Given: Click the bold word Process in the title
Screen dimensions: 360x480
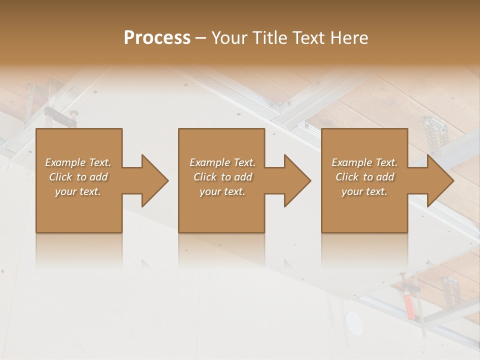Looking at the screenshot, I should [157, 38].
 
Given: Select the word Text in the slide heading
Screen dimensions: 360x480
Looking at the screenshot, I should [310, 38].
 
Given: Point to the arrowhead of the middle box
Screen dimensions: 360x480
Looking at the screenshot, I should [296, 180].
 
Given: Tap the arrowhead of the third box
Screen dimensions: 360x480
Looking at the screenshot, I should [439, 180].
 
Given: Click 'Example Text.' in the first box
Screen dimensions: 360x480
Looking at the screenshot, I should [78, 162].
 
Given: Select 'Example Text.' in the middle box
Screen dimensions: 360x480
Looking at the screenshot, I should [222, 162].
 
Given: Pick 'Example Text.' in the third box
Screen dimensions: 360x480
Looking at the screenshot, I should [364, 162].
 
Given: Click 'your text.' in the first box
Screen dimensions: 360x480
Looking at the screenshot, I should [78, 191].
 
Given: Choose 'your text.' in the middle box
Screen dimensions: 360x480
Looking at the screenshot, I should [222, 191].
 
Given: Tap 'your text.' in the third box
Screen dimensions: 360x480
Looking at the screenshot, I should [364, 191].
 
